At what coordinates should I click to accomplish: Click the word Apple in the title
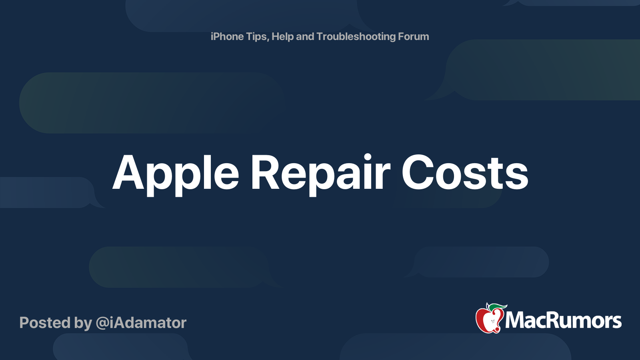coord(176,174)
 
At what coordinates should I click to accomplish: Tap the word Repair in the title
coord(320,174)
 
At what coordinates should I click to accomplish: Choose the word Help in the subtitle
coord(282,37)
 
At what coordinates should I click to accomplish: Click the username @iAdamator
coord(141,323)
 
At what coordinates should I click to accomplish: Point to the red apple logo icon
coord(489,320)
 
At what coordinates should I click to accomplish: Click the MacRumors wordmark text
coord(563,321)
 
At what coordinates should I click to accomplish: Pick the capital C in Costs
coord(418,173)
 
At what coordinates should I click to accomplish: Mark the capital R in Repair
coord(265,173)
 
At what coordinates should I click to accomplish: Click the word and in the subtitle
coord(305,37)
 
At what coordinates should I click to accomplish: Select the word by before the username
coord(83,323)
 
